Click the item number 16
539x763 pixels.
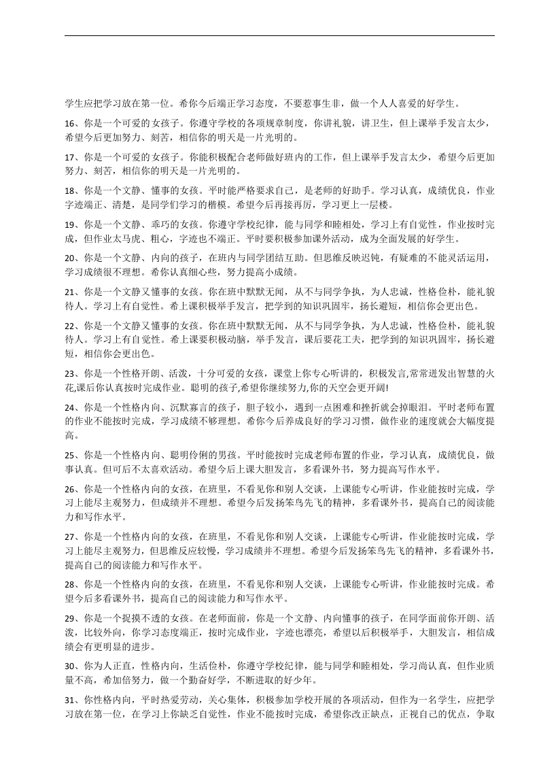coord(69,124)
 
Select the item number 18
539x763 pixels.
coord(69,191)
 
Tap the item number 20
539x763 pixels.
coord(69,258)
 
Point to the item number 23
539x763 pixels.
coord(69,373)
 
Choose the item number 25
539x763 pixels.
coord(69,454)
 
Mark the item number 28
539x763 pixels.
coord(69,584)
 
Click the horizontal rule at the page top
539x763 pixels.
coord(279,36)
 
